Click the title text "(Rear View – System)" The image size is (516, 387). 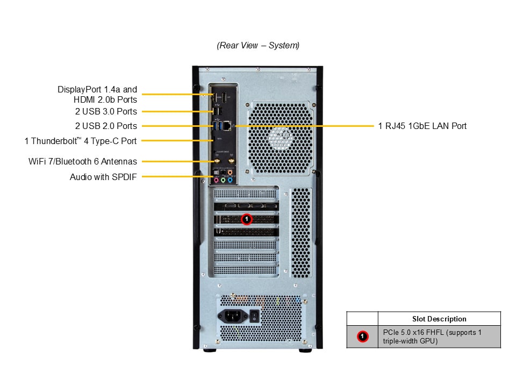click(258, 45)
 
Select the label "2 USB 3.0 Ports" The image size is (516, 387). click(106, 111)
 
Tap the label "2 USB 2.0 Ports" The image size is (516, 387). click(106, 126)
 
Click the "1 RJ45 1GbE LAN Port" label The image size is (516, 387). click(422, 126)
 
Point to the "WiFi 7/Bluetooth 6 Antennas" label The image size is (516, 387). click(82, 161)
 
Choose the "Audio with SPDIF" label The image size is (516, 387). click(103, 176)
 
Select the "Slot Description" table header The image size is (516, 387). click(439, 319)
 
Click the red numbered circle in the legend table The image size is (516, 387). click(362, 336)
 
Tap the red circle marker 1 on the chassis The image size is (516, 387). click(247, 219)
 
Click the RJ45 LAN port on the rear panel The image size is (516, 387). click(228, 125)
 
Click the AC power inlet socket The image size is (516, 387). click(233, 316)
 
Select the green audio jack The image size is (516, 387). click(224, 181)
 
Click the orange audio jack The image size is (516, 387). click(230, 173)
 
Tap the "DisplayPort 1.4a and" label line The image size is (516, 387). click(97, 89)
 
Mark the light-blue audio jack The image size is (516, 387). click(230, 181)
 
